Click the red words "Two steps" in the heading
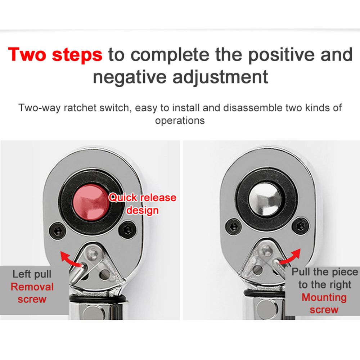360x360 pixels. [55, 55]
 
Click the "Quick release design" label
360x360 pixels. [142, 204]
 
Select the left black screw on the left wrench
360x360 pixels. [58, 231]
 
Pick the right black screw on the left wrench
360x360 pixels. [127, 229]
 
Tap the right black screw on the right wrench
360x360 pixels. [301, 226]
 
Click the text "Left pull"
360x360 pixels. [32, 274]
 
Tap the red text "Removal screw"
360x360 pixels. [32, 293]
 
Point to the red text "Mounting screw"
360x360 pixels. [324, 303]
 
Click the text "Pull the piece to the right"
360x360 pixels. [325, 278]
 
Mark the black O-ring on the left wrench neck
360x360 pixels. [98, 298]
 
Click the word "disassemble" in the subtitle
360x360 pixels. [253, 108]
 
